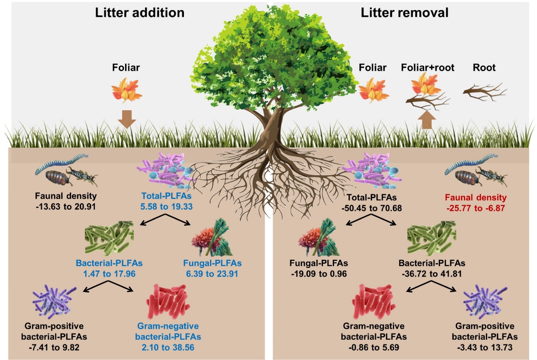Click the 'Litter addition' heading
click(140, 13)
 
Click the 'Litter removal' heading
click(404, 13)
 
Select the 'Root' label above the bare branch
click(485, 68)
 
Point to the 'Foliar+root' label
click(427, 68)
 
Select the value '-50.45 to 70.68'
click(374, 207)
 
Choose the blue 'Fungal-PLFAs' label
click(212, 264)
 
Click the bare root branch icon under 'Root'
click(485, 91)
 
